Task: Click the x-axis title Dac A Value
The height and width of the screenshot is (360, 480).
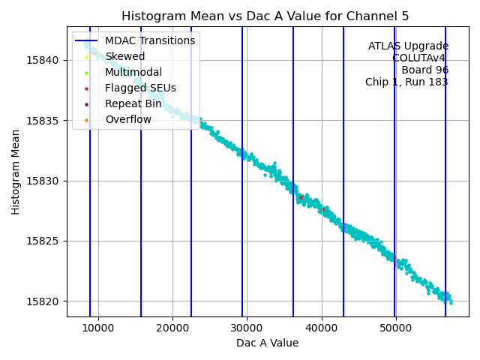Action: click(267, 343)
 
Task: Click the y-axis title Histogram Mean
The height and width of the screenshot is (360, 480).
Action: click(15, 171)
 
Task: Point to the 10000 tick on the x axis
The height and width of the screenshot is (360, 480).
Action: click(98, 327)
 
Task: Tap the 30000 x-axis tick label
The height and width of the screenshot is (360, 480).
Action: click(247, 327)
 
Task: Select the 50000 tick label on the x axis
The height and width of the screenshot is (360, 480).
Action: click(396, 327)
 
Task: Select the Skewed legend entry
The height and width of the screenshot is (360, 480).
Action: click(125, 56)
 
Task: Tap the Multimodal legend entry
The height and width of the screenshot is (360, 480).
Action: click(133, 72)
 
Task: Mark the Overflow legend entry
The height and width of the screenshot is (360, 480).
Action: click(128, 119)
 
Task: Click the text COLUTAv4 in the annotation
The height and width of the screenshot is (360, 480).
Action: click(420, 58)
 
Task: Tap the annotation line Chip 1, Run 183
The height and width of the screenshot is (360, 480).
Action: click(406, 82)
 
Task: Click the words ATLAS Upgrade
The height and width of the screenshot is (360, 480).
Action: click(408, 46)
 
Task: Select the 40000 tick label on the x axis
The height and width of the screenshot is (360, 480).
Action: click(322, 327)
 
